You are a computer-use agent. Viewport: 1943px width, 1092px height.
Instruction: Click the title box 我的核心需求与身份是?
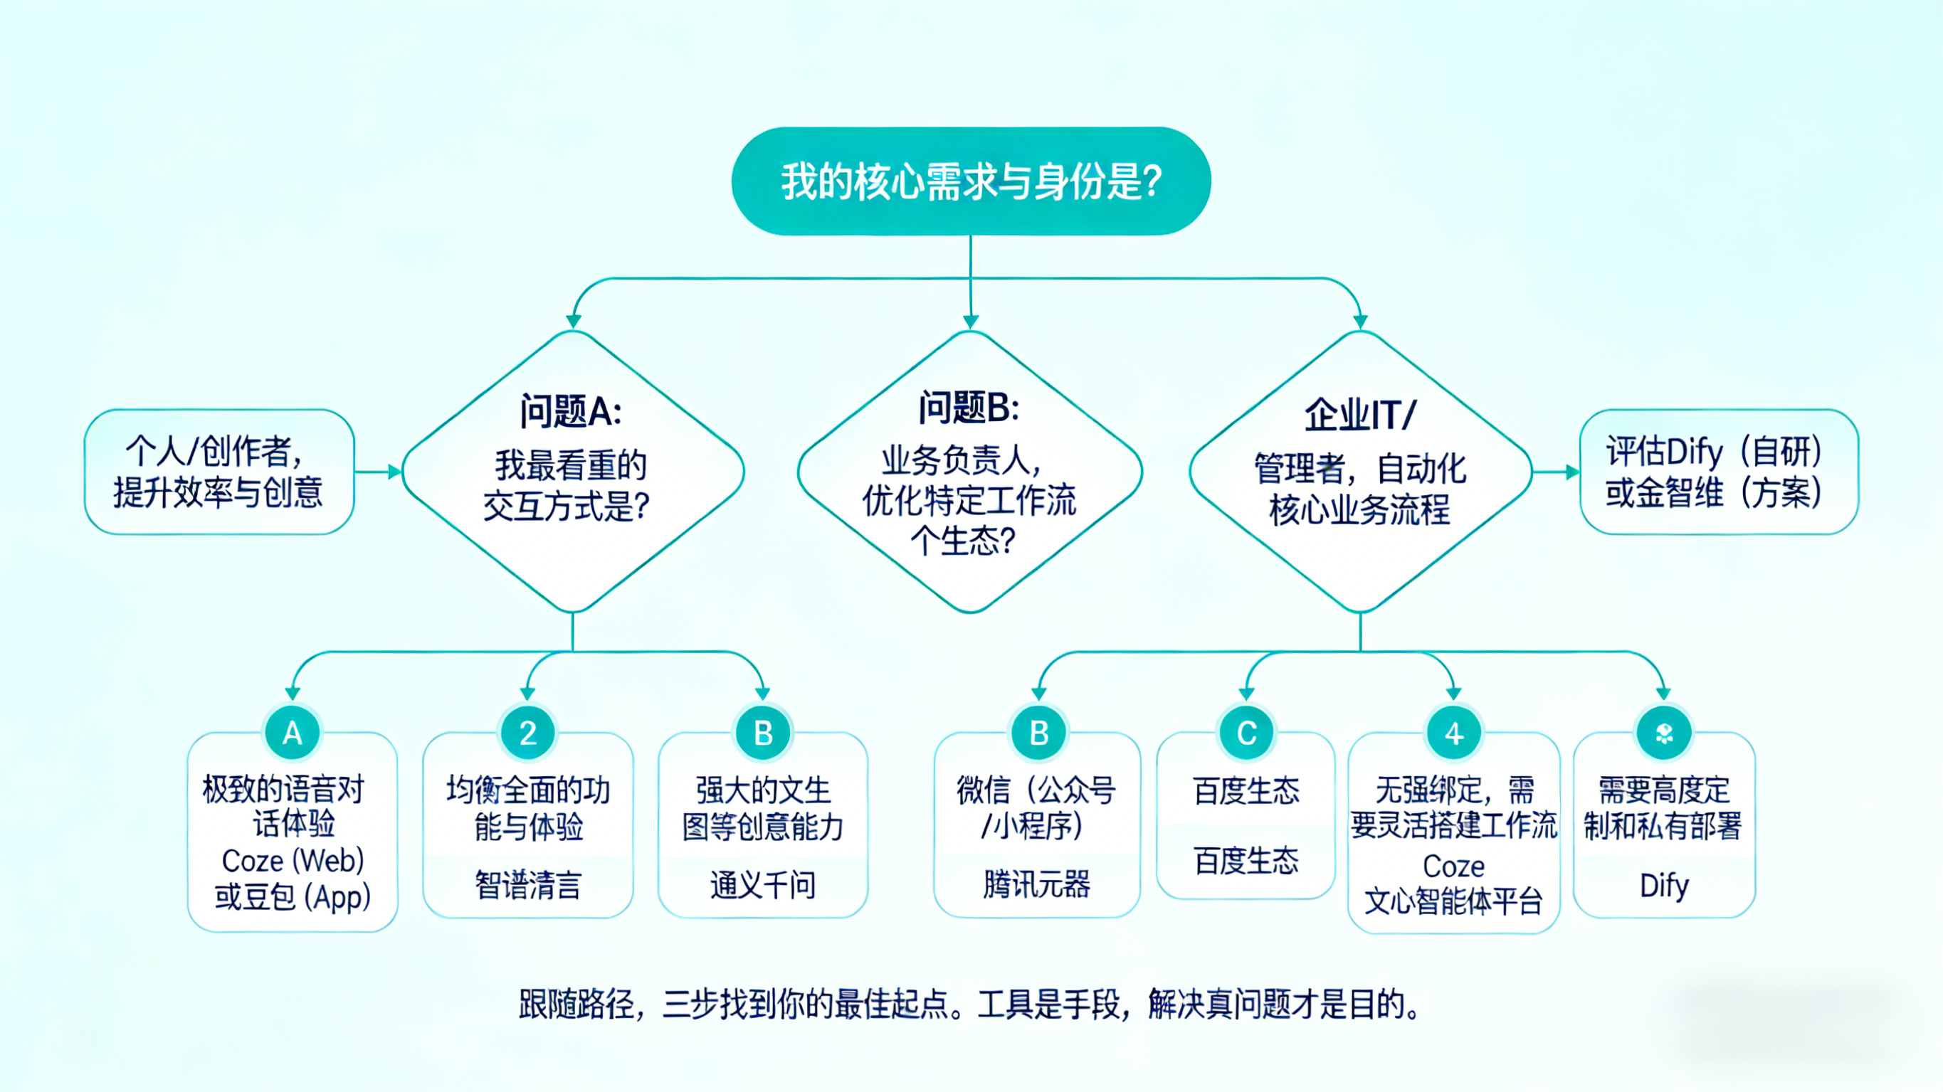(x=971, y=181)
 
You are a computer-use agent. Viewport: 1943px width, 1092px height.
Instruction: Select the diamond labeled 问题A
(x=573, y=472)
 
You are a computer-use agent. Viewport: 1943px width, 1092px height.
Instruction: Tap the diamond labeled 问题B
(x=970, y=472)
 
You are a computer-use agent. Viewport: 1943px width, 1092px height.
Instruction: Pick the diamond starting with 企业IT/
(x=1360, y=472)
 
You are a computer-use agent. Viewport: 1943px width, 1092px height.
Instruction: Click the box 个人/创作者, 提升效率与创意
(x=218, y=472)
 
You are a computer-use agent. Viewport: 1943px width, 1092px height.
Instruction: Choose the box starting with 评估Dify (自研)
(x=1718, y=472)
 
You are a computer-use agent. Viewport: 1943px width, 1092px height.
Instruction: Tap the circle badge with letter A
(x=293, y=732)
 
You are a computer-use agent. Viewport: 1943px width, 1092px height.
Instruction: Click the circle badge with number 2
(x=528, y=732)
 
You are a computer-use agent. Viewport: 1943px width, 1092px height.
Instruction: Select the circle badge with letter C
(x=1247, y=732)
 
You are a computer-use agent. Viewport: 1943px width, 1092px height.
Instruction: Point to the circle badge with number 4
(x=1453, y=732)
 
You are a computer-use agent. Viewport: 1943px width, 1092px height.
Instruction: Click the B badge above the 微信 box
(x=1038, y=732)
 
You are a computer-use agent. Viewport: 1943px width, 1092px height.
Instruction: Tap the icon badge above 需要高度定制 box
(x=1664, y=732)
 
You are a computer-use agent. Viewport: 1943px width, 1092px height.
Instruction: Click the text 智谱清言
(x=528, y=884)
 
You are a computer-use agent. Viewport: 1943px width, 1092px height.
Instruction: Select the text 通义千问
(x=762, y=884)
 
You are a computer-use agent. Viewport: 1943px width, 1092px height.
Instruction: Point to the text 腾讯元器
(x=1037, y=884)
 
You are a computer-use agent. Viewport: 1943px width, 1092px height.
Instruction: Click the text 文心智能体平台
(x=1453, y=901)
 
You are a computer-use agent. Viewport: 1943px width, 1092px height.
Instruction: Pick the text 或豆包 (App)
(x=293, y=896)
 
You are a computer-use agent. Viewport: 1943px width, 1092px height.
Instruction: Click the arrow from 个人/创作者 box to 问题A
(x=379, y=472)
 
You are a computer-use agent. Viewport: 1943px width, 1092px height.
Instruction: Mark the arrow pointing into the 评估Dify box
(x=1557, y=472)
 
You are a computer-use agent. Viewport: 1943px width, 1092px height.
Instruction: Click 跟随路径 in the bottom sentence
(x=576, y=1004)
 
